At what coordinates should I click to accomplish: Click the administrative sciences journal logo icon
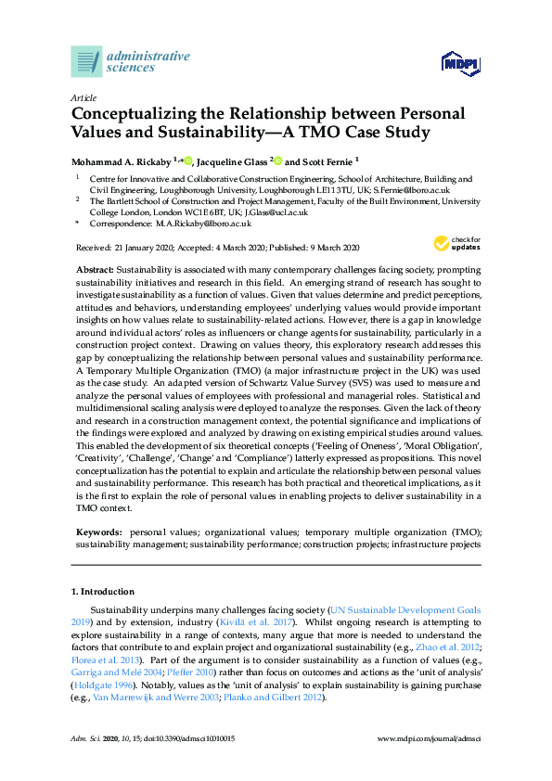tap(86, 61)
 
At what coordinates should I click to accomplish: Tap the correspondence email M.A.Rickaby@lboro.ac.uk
tap(201, 224)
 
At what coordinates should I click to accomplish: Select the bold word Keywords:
tap(100, 531)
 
